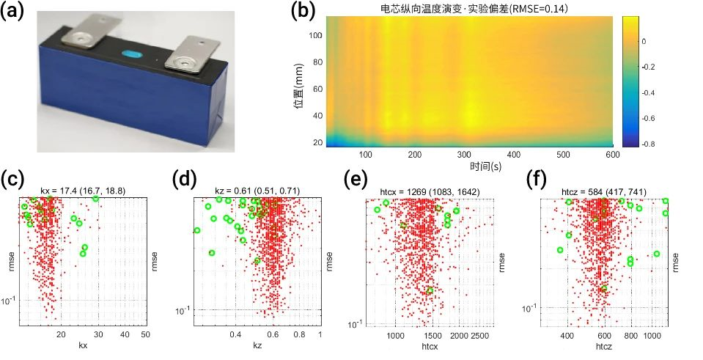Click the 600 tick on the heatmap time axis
[x=611, y=155]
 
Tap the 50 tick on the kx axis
[x=145, y=334]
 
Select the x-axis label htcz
[x=606, y=345]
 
